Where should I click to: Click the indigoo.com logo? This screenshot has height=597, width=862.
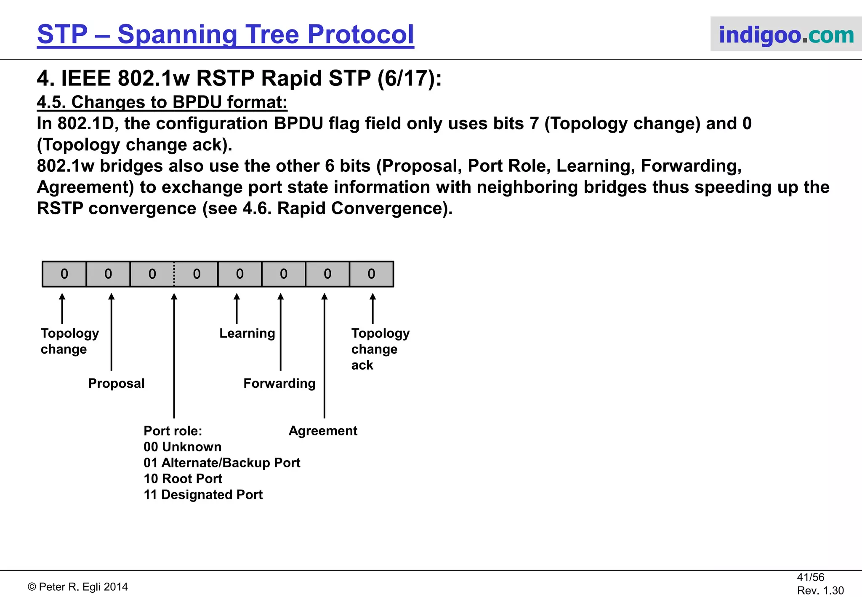click(786, 35)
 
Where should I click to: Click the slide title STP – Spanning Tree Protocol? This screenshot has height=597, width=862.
click(226, 34)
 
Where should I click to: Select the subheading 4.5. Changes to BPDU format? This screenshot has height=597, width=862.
click(162, 102)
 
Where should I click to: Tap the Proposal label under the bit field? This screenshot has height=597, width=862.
click(116, 383)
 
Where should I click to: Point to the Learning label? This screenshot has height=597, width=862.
click(247, 333)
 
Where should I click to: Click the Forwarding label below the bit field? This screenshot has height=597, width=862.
click(279, 383)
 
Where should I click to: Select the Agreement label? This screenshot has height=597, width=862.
click(323, 431)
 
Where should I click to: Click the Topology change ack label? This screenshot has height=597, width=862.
click(380, 349)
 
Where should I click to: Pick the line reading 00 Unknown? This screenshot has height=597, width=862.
click(182, 447)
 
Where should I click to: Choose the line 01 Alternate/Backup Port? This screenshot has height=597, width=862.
click(222, 463)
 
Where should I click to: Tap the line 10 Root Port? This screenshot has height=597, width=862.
click(183, 479)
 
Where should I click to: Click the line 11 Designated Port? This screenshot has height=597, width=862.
click(203, 495)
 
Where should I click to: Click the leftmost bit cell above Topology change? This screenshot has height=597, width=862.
click(64, 274)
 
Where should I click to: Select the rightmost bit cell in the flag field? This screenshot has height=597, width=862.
click(371, 274)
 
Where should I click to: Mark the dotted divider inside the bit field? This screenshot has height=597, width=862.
click(174, 274)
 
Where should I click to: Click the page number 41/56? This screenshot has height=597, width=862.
click(810, 577)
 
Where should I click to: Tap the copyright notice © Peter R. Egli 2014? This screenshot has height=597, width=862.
click(78, 587)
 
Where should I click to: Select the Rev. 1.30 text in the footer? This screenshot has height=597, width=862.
click(820, 590)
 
